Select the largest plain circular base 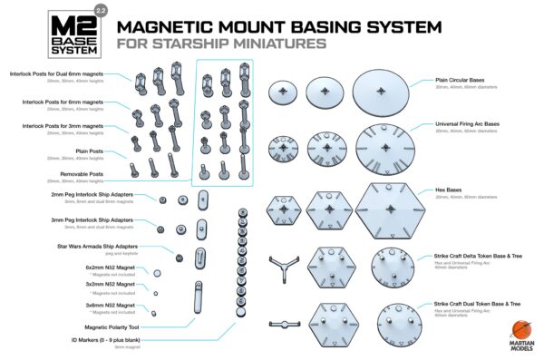point(377,92)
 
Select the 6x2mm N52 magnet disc point(159,273)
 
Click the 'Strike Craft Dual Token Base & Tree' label point(475,304)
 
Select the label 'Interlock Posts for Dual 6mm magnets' point(68,73)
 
